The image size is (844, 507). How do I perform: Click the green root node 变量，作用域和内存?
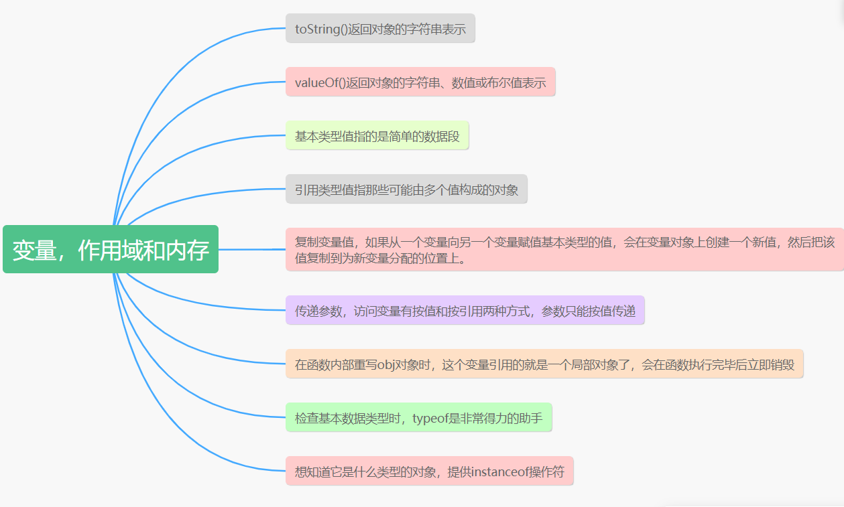[111, 249]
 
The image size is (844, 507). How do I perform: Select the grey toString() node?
[380, 28]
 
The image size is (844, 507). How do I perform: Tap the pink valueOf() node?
[420, 82]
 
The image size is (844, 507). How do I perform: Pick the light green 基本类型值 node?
[377, 136]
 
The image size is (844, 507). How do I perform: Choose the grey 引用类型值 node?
[406, 190]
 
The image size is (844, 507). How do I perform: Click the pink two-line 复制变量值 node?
[564, 249]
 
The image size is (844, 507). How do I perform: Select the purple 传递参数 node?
[465, 310]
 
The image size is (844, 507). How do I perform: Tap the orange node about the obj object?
[544, 364]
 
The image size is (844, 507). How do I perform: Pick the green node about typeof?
[418, 418]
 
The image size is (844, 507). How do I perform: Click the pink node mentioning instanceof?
[429, 472]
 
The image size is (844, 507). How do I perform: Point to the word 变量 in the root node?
[32, 250]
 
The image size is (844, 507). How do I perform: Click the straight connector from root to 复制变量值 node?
[252, 249]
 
